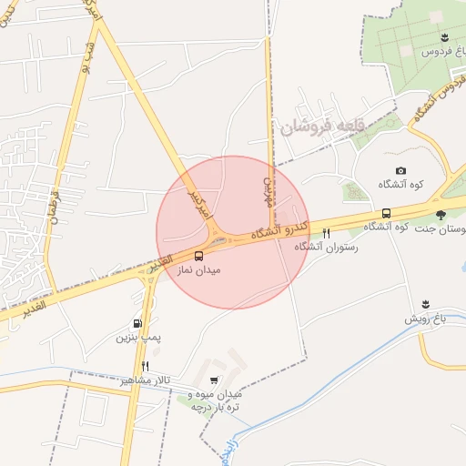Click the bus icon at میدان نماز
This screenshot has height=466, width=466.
click(199, 257)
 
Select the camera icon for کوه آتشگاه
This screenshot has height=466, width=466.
click(400, 171)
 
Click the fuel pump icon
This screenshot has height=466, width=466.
click(137, 322)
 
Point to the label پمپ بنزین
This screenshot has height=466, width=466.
click(137, 338)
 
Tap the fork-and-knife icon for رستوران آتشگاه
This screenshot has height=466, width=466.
click(326, 233)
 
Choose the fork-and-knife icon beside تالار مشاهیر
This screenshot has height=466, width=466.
click(145, 366)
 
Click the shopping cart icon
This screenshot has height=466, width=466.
click(214, 380)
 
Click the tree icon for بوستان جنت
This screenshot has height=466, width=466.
click(441, 215)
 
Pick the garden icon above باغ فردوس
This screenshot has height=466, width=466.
click(443, 36)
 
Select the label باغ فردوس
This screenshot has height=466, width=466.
click(438, 52)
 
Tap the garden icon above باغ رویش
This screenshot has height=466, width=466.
click(425, 303)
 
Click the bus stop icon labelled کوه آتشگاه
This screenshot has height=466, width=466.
click(387, 213)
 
